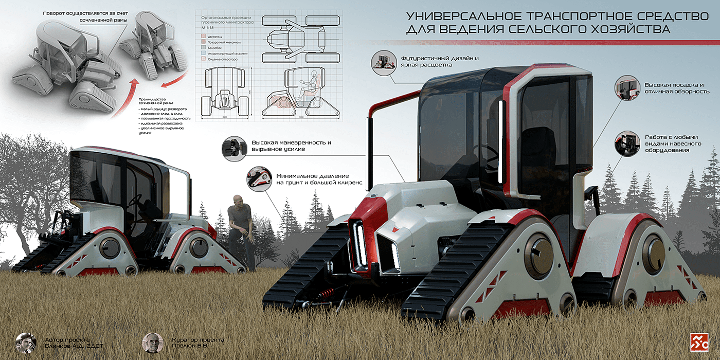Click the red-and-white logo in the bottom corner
pyautogui.click(x=699, y=341)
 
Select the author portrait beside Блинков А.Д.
pyautogui.click(x=26, y=343)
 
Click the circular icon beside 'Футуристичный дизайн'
pyautogui.click(x=381, y=62)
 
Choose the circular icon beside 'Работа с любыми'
pyautogui.click(x=626, y=143)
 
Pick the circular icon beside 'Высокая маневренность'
pyautogui.click(x=232, y=147)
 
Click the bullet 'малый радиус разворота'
pyautogui.click(x=164, y=110)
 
